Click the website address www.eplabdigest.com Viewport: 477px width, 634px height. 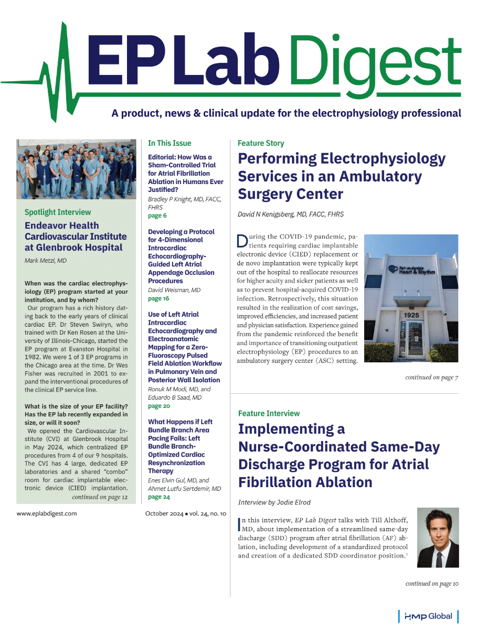(47, 513)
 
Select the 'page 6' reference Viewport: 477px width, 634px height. (157, 216)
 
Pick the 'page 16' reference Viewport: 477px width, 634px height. (158, 298)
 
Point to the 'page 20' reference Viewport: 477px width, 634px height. (159, 406)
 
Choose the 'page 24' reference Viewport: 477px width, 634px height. (159, 497)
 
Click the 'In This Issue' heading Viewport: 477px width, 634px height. (169, 143)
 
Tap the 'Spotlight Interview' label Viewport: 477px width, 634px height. (58, 212)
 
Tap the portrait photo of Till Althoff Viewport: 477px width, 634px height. (438, 538)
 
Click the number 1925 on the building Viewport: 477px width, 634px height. (411, 315)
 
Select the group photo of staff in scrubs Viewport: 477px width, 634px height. (69, 169)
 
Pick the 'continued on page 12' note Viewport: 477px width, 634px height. (100, 497)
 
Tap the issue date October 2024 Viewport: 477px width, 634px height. (163, 513)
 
